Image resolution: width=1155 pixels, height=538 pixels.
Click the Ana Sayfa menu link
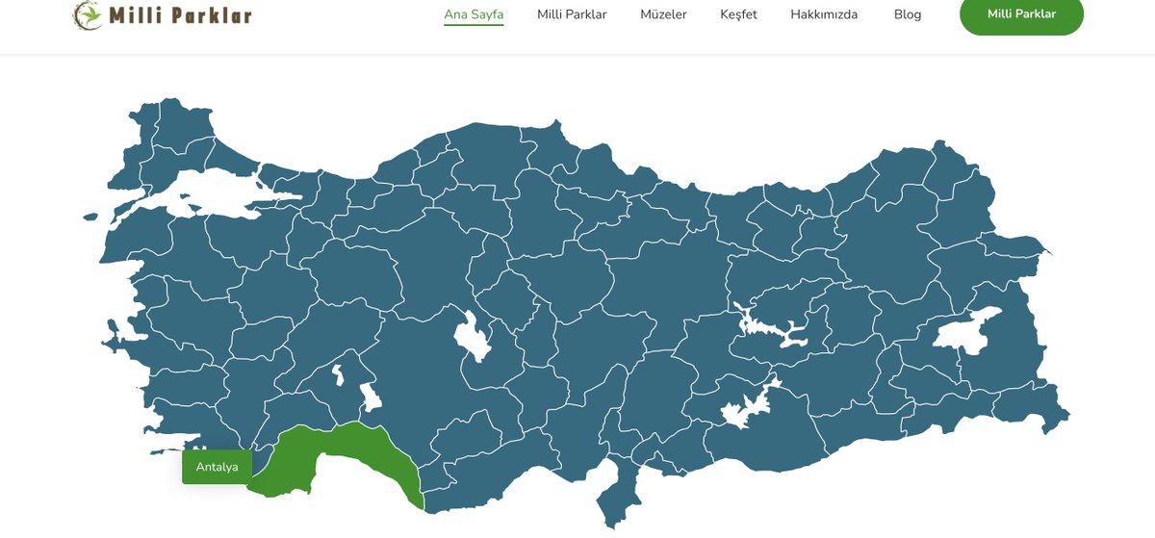pyautogui.click(x=474, y=14)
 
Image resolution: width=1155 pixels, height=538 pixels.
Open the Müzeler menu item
pyautogui.click(x=663, y=14)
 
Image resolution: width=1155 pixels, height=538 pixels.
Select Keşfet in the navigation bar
pyautogui.click(x=738, y=14)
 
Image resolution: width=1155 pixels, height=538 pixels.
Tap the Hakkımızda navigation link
pyautogui.click(x=824, y=14)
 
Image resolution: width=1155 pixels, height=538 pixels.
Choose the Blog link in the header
pyautogui.click(x=907, y=14)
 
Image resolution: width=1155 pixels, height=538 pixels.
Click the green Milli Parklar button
pyautogui.click(x=1021, y=14)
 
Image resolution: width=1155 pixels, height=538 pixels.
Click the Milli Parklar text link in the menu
pyautogui.click(x=572, y=14)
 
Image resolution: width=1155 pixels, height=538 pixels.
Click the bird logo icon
pyautogui.click(x=88, y=14)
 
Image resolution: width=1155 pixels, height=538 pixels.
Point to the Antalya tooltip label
pyautogui.click(x=217, y=467)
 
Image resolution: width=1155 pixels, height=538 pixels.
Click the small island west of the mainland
pyautogui.click(x=90, y=217)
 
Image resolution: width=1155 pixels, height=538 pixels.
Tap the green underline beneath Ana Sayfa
pyautogui.click(x=474, y=25)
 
